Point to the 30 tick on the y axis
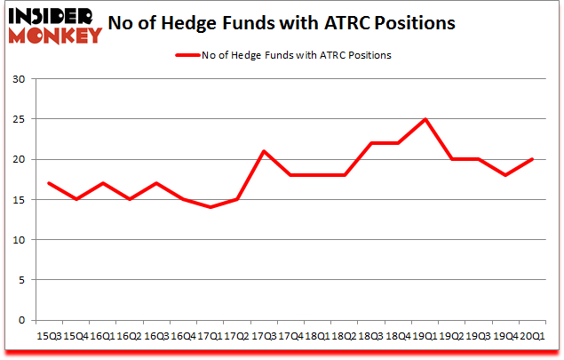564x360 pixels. [18, 79]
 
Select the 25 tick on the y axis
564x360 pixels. [18, 119]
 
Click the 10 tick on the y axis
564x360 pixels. [18, 240]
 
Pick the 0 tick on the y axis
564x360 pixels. [20, 320]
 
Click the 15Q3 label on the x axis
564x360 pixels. [49, 337]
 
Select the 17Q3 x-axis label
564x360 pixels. [263, 337]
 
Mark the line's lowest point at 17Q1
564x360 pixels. [210, 207]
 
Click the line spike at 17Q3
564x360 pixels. [263, 151]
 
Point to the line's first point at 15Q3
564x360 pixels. [49, 183]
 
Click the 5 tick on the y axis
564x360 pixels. [20, 280]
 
